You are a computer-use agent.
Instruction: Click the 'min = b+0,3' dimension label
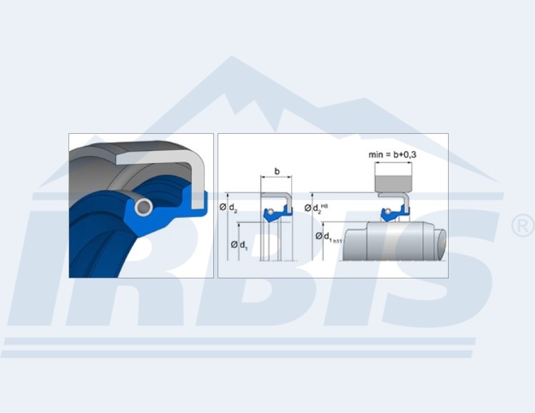392,155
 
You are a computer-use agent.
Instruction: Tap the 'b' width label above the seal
277,172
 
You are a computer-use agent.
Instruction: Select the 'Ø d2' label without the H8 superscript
228,207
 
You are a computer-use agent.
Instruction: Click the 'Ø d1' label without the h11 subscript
239,245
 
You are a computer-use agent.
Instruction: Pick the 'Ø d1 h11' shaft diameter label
329,237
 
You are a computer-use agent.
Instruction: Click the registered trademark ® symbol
522,225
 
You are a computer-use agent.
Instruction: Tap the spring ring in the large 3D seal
143,207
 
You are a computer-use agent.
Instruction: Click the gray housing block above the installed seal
393,183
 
